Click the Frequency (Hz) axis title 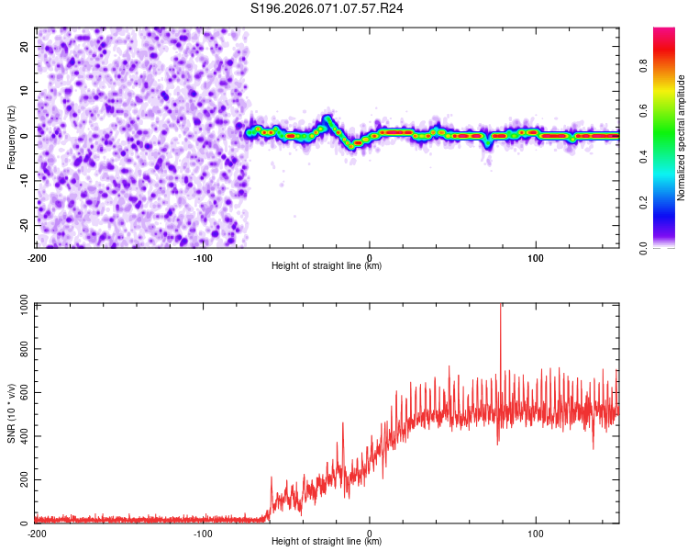11,136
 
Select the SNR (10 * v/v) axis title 11,412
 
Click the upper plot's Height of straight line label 327,265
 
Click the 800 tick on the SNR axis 23,350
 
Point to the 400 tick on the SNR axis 23,436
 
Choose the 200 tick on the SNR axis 23,480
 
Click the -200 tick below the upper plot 37,256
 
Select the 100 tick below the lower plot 536,534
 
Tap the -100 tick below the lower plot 203,534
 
